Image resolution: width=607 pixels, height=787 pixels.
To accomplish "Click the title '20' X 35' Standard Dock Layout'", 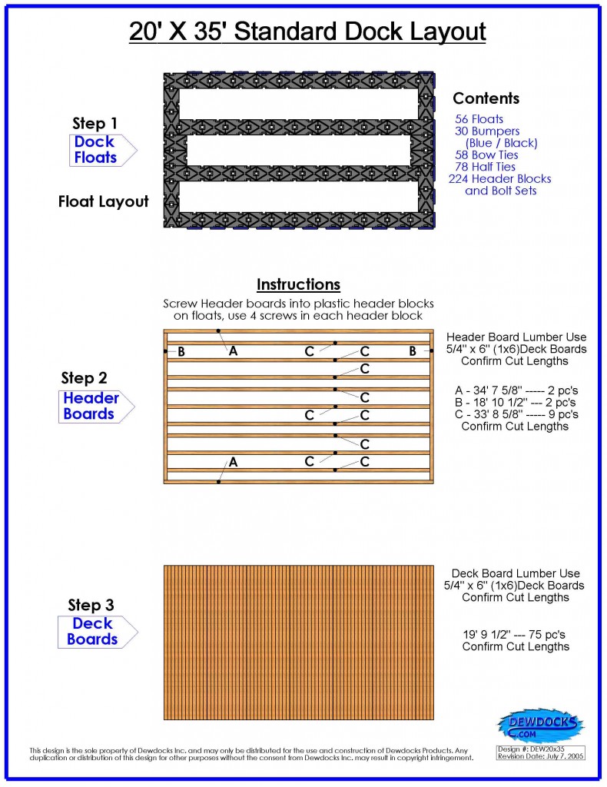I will (307, 32).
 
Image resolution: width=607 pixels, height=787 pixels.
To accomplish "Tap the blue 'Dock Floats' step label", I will (95, 150).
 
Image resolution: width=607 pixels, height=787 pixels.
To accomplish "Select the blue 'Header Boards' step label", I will (91, 406).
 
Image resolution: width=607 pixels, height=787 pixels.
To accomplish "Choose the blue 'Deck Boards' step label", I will (92, 632).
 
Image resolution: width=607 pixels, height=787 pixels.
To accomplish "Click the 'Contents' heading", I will (486, 98).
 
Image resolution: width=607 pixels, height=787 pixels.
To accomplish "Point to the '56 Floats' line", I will (479, 119).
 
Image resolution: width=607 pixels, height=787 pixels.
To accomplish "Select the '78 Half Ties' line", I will (485, 167).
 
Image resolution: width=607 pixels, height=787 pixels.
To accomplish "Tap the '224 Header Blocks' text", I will (499, 179).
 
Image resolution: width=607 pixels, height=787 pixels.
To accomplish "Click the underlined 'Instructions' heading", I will (298, 285).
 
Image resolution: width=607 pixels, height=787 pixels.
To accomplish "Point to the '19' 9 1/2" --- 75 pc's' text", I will (516, 635).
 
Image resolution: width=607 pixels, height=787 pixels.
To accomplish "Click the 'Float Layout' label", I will (103, 202).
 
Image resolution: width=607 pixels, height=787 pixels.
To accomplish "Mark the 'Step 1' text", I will (95, 123).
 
